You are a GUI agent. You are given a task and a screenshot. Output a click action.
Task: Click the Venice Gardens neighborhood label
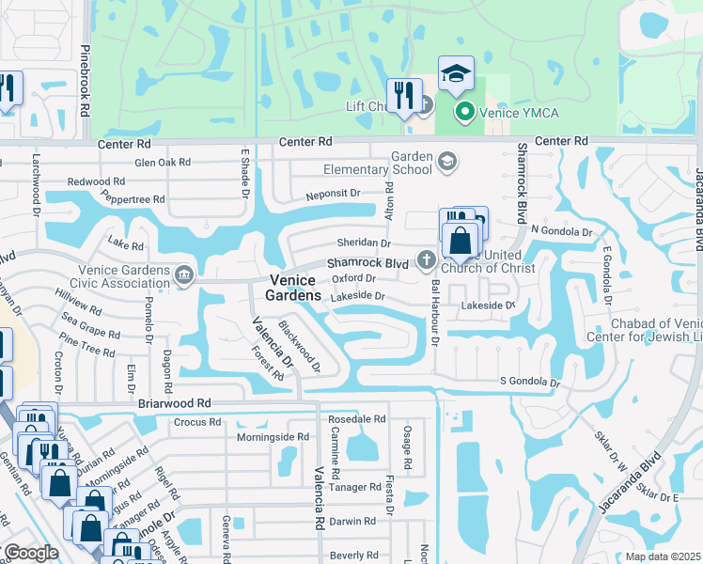(x=295, y=288)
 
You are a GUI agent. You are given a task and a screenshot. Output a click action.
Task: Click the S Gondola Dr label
(x=529, y=384)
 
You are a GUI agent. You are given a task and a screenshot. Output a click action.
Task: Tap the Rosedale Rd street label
(x=358, y=419)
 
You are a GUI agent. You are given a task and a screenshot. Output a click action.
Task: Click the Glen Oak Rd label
(x=163, y=163)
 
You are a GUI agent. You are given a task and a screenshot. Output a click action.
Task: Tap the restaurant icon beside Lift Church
(x=405, y=97)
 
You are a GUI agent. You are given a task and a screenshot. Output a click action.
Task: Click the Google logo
(x=31, y=552)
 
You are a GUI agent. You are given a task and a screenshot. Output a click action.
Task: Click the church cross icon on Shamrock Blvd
(x=425, y=259)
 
